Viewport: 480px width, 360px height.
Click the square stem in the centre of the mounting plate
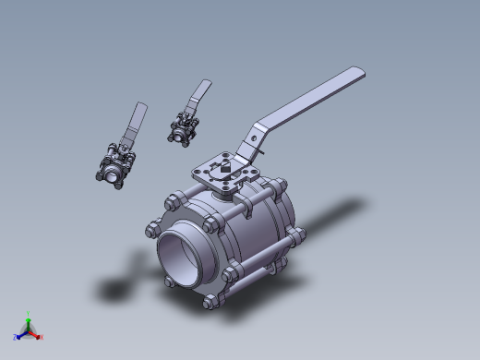tap(224, 167)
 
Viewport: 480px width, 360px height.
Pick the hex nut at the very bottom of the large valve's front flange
tap(210, 300)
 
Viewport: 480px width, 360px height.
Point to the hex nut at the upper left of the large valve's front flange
tap(171, 202)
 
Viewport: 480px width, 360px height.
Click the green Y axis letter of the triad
tap(29, 314)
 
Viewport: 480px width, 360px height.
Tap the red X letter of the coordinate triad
tap(42, 337)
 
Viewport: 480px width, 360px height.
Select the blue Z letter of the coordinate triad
tap(15, 337)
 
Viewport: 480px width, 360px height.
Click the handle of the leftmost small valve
tap(138, 121)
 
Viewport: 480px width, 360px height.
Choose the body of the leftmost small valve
tap(115, 166)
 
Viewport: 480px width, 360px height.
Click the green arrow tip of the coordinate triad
tap(29, 320)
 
